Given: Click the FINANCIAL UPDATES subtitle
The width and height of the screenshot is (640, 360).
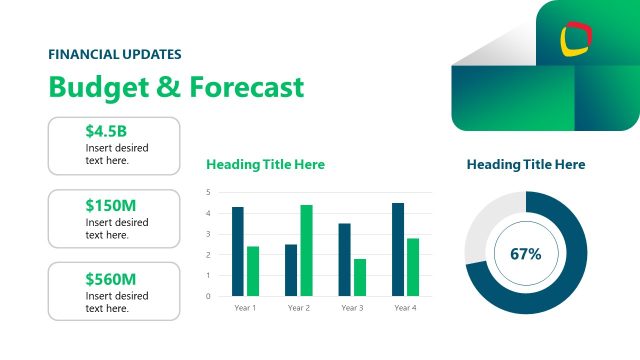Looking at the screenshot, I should [115, 55].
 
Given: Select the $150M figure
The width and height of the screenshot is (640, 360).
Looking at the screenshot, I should [111, 205].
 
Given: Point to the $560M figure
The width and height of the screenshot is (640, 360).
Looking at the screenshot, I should [111, 279].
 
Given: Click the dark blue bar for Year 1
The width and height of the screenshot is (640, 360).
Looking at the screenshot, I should [238, 251].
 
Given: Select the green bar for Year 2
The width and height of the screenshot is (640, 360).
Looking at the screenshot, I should [306, 250].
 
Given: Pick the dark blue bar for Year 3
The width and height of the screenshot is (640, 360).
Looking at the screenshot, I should [344, 259].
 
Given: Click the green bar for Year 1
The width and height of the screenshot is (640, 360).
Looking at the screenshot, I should [253, 270].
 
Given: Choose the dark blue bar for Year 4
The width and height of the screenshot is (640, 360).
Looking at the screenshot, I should [398, 249].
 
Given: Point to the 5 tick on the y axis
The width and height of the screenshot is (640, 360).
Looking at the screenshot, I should [208, 192].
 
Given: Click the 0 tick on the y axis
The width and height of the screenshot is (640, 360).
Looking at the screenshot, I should [208, 296].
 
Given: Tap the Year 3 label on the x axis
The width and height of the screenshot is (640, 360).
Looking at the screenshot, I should [351, 308].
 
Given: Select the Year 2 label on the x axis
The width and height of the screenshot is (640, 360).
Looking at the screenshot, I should [298, 308].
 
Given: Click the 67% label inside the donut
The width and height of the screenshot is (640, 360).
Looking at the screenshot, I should [525, 254].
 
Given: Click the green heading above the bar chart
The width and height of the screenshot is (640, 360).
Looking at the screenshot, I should [265, 164].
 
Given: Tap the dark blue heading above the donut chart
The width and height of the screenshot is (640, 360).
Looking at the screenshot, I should [526, 164].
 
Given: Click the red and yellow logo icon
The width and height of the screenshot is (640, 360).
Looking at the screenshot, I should [576, 38].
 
